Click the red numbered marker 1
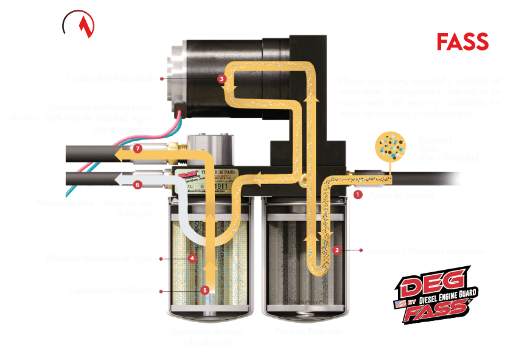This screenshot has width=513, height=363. tap(358, 196)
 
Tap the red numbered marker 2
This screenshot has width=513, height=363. tap(337, 249)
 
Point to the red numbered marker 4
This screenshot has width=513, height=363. tap(192, 258)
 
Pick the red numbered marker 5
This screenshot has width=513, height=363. tap(204, 291)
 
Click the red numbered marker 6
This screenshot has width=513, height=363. tap(138, 183)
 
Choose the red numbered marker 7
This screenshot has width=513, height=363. tap(138, 148)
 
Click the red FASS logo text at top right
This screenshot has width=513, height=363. tap(462, 42)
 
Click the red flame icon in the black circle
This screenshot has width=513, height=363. tap(79, 25)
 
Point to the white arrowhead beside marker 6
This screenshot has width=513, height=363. tap(120, 181)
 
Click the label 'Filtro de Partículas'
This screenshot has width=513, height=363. tap(309, 333)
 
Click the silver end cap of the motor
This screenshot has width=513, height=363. tap(173, 67)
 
